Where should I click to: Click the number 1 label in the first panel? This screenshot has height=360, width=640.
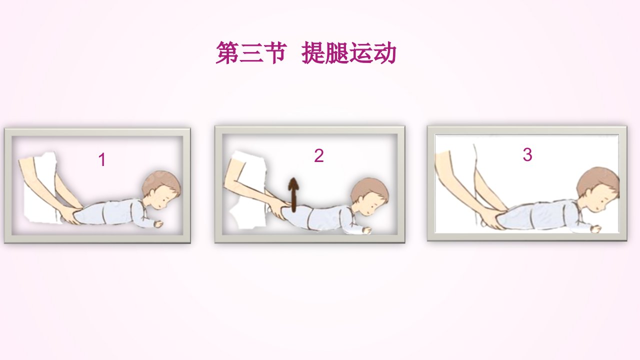click(x=102, y=159)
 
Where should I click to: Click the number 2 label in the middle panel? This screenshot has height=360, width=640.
click(x=319, y=155)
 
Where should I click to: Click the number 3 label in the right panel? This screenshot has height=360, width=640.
click(x=527, y=154)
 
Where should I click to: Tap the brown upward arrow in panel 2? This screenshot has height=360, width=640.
click(x=293, y=195)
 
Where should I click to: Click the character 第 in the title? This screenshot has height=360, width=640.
click(x=227, y=52)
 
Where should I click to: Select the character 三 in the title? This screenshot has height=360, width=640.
click(x=251, y=52)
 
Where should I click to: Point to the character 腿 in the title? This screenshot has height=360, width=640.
click(x=337, y=52)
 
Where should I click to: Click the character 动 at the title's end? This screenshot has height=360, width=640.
click(x=384, y=52)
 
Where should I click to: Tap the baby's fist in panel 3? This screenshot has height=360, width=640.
click(x=596, y=229)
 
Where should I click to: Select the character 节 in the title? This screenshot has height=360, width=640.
click(x=275, y=52)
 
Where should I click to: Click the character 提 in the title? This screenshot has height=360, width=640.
click(x=313, y=52)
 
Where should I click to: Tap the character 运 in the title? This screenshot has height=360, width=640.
click(x=361, y=52)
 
